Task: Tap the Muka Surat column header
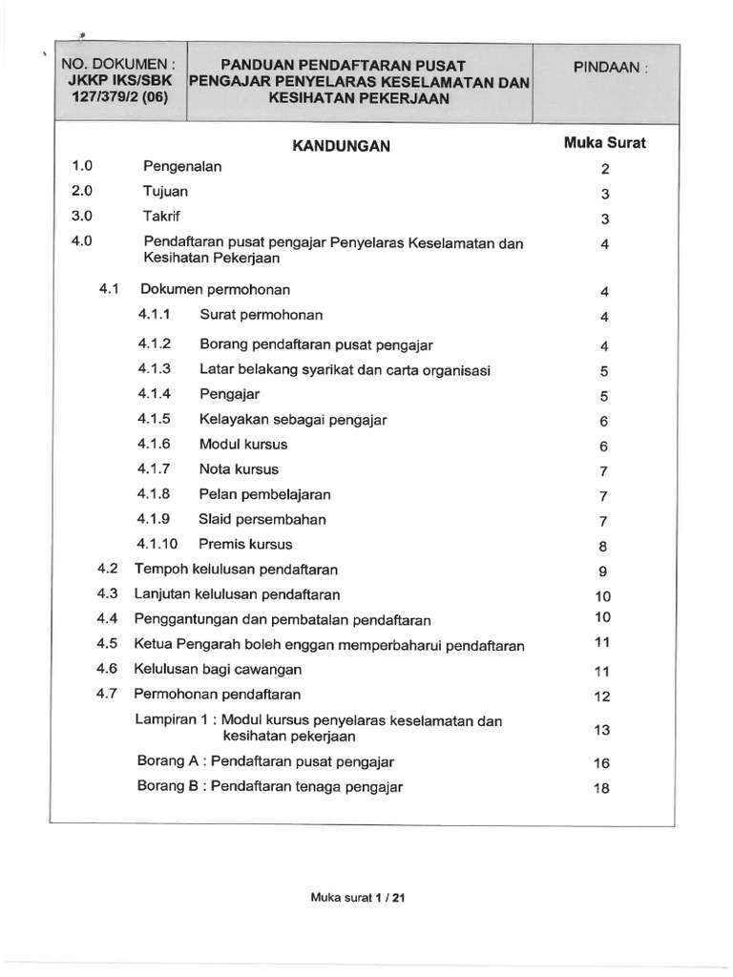click(605, 144)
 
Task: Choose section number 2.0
click(82, 191)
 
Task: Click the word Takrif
click(162, 216)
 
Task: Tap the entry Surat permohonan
click(261, 315)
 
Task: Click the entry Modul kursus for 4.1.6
click(242, 445)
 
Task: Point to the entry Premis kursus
click(245, 545)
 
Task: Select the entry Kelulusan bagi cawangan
click(219, 670)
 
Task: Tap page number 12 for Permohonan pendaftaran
click(601, 696)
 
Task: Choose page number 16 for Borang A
click(601, 764)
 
